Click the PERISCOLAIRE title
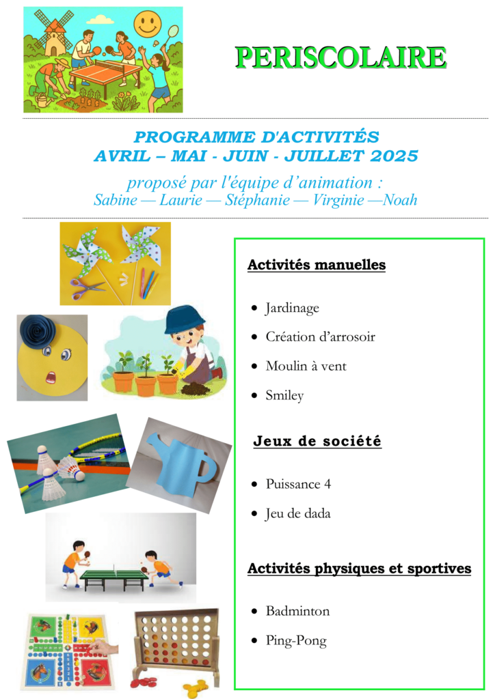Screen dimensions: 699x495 (340, 58)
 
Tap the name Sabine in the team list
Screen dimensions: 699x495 (113, 200)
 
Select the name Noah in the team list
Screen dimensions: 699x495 (400, 200)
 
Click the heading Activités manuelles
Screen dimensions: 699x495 (317, 265)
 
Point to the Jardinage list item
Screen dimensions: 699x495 (292, 309)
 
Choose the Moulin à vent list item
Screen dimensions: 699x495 (306, 366)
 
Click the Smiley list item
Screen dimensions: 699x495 (284, 395)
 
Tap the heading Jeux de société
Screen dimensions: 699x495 (317, 442)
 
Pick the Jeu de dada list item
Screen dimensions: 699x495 (297, 513)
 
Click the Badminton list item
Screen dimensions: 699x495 (297, 611)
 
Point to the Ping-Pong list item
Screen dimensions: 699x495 (296, 641)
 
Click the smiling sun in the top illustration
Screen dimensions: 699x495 (147, 24)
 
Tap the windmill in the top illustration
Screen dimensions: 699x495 (53, 34)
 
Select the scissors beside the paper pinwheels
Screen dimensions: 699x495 (86, 287)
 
